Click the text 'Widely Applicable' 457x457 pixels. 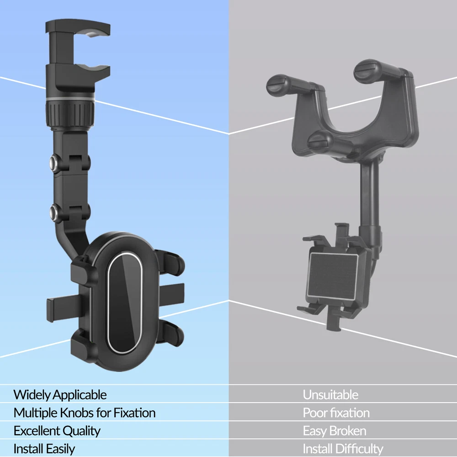tap(60, 395)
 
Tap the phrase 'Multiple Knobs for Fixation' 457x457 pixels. tap(85, 413)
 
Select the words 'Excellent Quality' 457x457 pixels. tap(57, 431)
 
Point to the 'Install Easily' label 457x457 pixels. tap(44, 449)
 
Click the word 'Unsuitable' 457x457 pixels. tap(330, 395)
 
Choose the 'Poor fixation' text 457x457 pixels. tap(336, 413)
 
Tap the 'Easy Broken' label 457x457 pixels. tap(335, 431)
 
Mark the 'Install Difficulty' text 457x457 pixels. tap(343, 449)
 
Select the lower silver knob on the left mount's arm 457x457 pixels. tap(54, 211)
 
